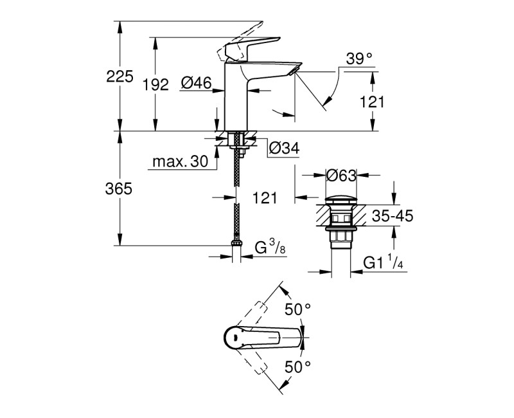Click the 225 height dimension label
120,77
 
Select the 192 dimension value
155,84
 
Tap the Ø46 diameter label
196,82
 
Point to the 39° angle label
359,59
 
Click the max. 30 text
181,162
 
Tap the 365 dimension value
120,188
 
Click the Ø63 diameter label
341,175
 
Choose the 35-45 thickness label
392,216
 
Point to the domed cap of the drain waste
341,198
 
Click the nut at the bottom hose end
237,244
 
